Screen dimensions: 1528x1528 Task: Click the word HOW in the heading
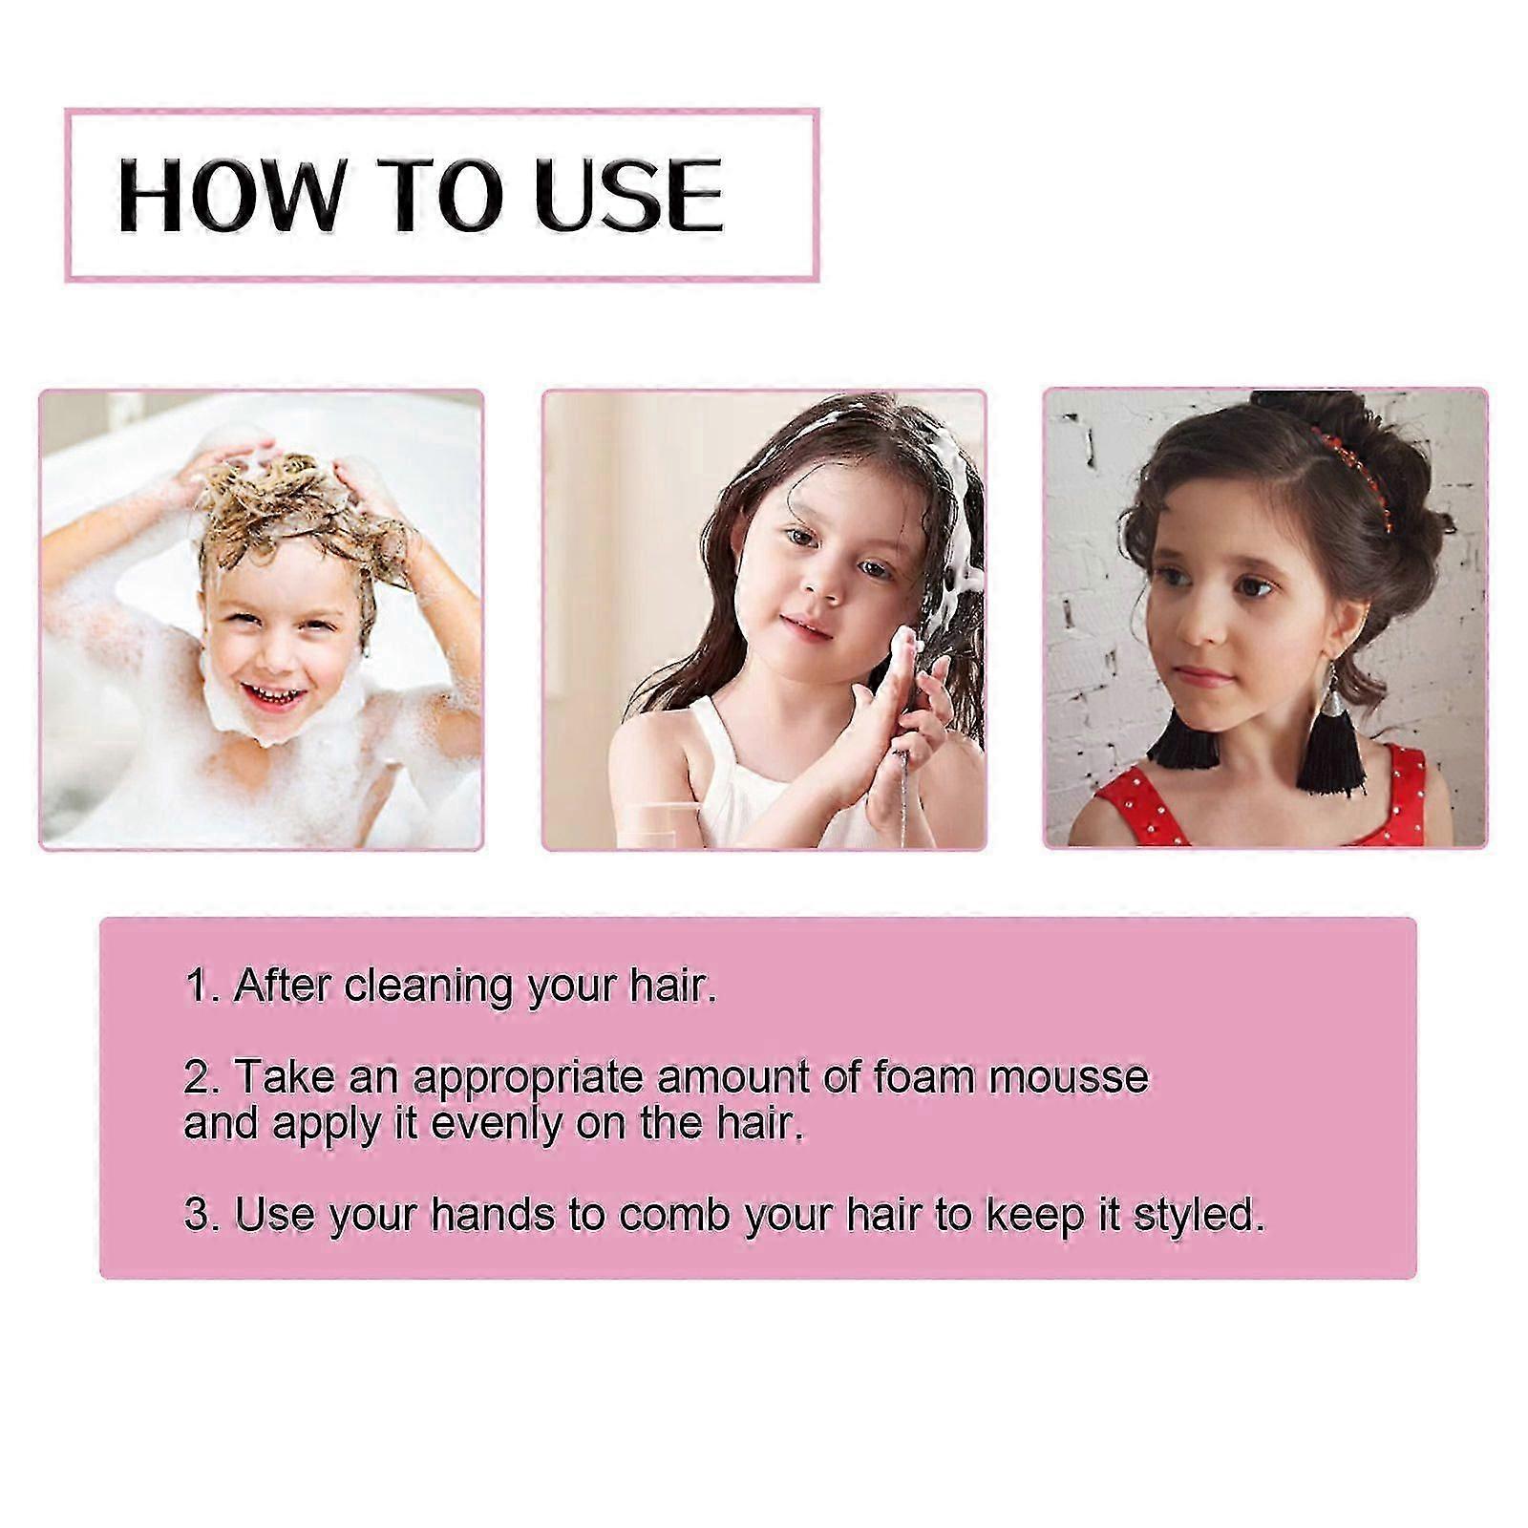pos(228,196)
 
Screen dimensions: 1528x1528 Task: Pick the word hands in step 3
pos(493,1215)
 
